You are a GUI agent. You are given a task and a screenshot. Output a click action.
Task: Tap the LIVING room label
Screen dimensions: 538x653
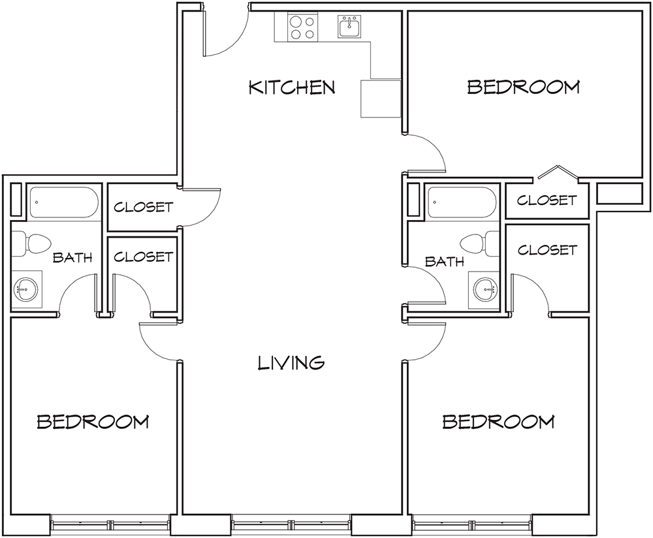click(x=291, y=362)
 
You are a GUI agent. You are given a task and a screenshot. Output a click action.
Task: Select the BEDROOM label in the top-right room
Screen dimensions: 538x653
click(x=523, y=87)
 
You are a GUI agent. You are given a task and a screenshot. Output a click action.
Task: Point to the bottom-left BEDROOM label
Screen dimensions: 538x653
click(x=93, y=422)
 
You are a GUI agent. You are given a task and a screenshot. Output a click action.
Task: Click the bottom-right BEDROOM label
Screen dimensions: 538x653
click(x=498, y=422)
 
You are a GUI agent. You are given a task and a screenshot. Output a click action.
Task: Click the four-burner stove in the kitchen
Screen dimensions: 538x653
click(x=301, y=27)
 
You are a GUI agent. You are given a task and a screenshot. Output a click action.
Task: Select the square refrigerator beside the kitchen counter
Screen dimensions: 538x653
click(x=379, y=99)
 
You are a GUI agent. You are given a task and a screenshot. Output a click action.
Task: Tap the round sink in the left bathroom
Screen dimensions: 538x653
click(x=25, y=287)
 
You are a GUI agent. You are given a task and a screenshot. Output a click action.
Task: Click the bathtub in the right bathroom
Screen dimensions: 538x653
click(x=462, y=202)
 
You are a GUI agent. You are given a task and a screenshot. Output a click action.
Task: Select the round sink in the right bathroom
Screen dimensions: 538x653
click(x=484, y=287)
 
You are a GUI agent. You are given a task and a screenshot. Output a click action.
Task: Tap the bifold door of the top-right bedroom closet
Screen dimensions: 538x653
click(x=556, y=173)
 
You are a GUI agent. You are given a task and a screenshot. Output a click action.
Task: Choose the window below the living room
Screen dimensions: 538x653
click(x=291, y=524)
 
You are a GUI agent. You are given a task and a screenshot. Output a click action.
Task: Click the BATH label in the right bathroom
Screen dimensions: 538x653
click(x=445, y=262)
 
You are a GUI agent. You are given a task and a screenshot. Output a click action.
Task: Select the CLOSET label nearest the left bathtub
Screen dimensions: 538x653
click(x=144, y=208)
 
